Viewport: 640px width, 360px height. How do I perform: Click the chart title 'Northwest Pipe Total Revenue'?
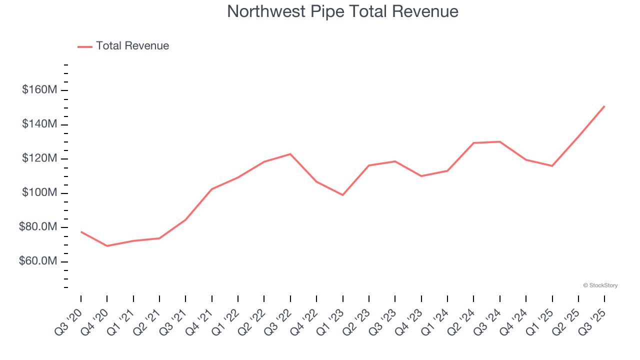pos(342,11)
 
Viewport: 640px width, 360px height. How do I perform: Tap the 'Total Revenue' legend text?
pos(132,46)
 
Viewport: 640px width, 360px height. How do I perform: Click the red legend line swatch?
pos(85,46)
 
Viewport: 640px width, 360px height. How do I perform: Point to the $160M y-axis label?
pos(39,90)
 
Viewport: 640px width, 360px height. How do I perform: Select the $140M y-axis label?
pos(39,124)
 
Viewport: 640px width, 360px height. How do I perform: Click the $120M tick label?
pos(39,159)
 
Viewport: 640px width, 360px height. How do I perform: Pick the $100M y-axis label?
pos(39,193)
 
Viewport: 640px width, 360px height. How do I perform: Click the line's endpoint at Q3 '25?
pos(604,106)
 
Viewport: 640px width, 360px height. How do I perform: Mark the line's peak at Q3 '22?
pos(290,154)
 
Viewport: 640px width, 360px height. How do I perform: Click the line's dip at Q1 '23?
pos(342,195)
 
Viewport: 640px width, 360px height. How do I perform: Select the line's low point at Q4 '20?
pos(107,246)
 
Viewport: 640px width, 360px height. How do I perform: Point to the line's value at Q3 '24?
pos(499,141)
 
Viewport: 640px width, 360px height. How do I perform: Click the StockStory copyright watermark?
pos(600,285)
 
